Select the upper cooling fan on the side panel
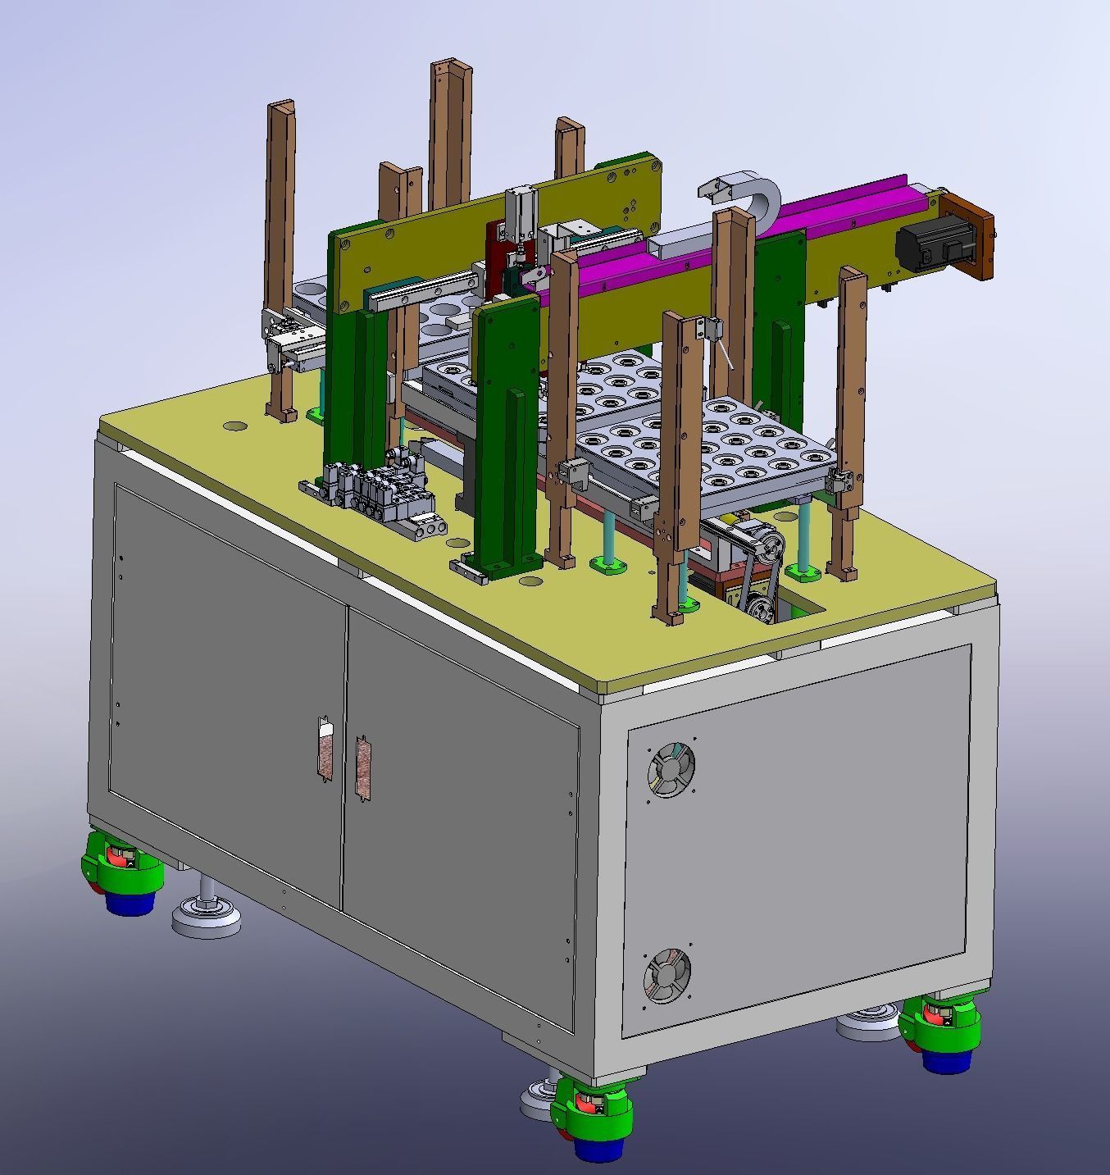[x=672, y=770]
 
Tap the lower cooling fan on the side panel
[x=666, y=976]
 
